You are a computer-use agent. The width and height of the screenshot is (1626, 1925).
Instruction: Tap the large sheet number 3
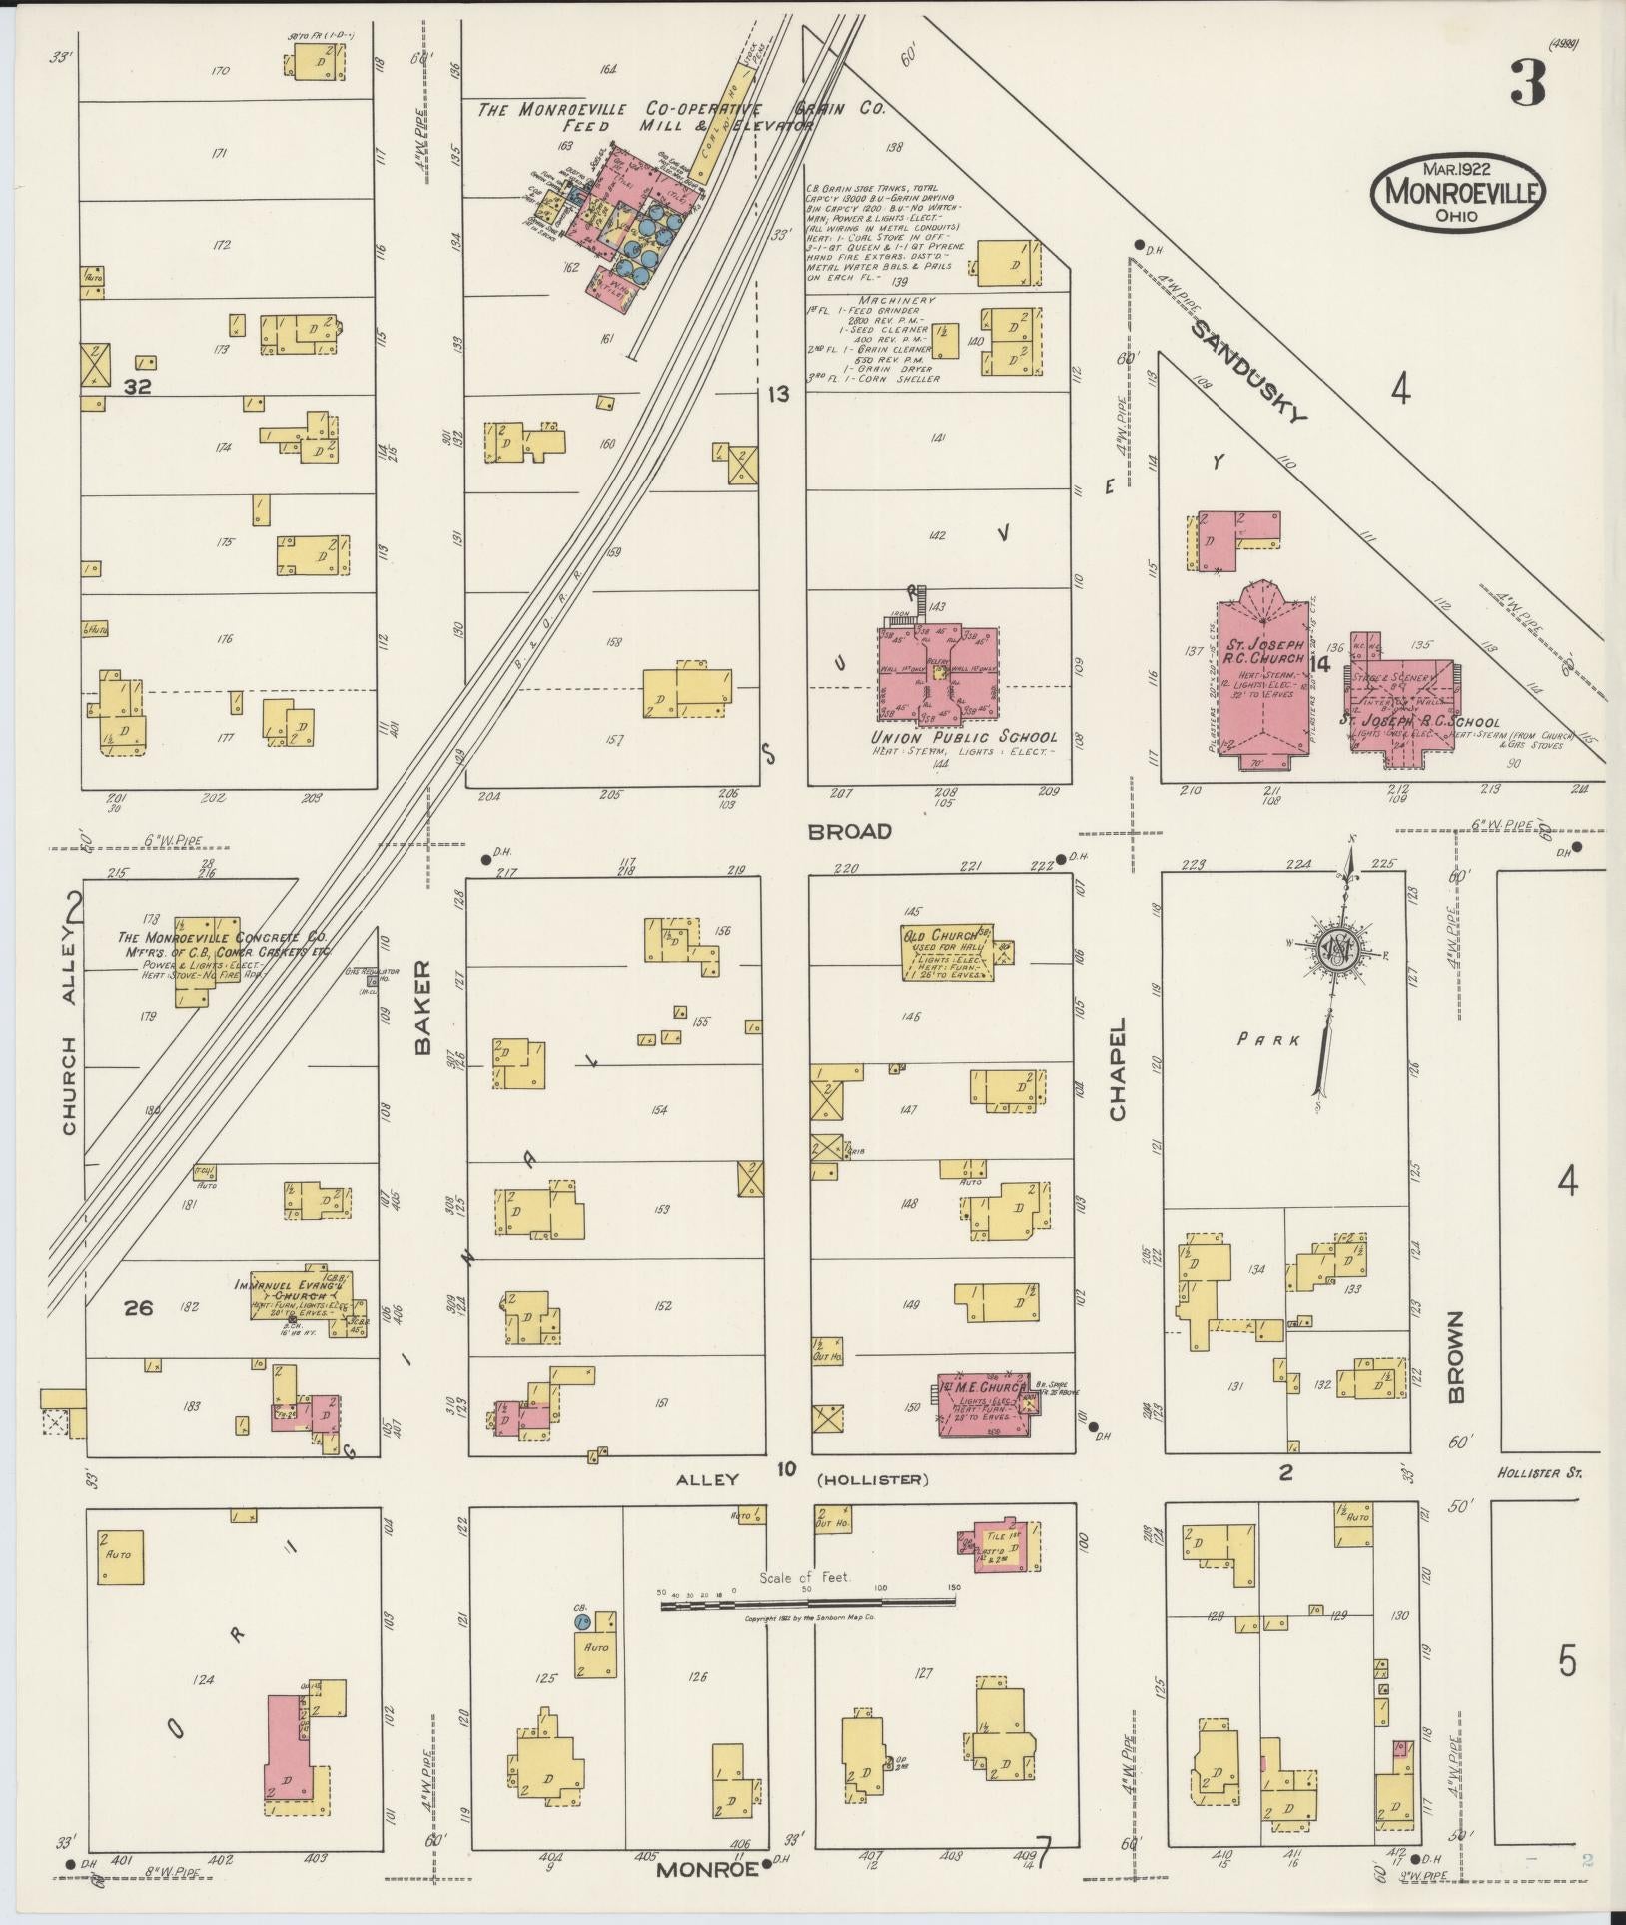(1527, 84)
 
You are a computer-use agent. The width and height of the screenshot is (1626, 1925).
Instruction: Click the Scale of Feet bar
(807, 1605)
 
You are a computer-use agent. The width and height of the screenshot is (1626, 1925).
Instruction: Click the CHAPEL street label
(1117, 1069)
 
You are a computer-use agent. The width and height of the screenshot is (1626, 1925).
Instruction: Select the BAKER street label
(421, 1008)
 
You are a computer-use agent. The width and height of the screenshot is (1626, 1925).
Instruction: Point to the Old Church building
(948, 952)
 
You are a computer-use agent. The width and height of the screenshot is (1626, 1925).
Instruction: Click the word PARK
(1269, 1039)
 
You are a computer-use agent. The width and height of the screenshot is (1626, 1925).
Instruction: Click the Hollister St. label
(1539, 1473)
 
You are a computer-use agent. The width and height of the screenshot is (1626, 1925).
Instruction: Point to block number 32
(137, 386)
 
